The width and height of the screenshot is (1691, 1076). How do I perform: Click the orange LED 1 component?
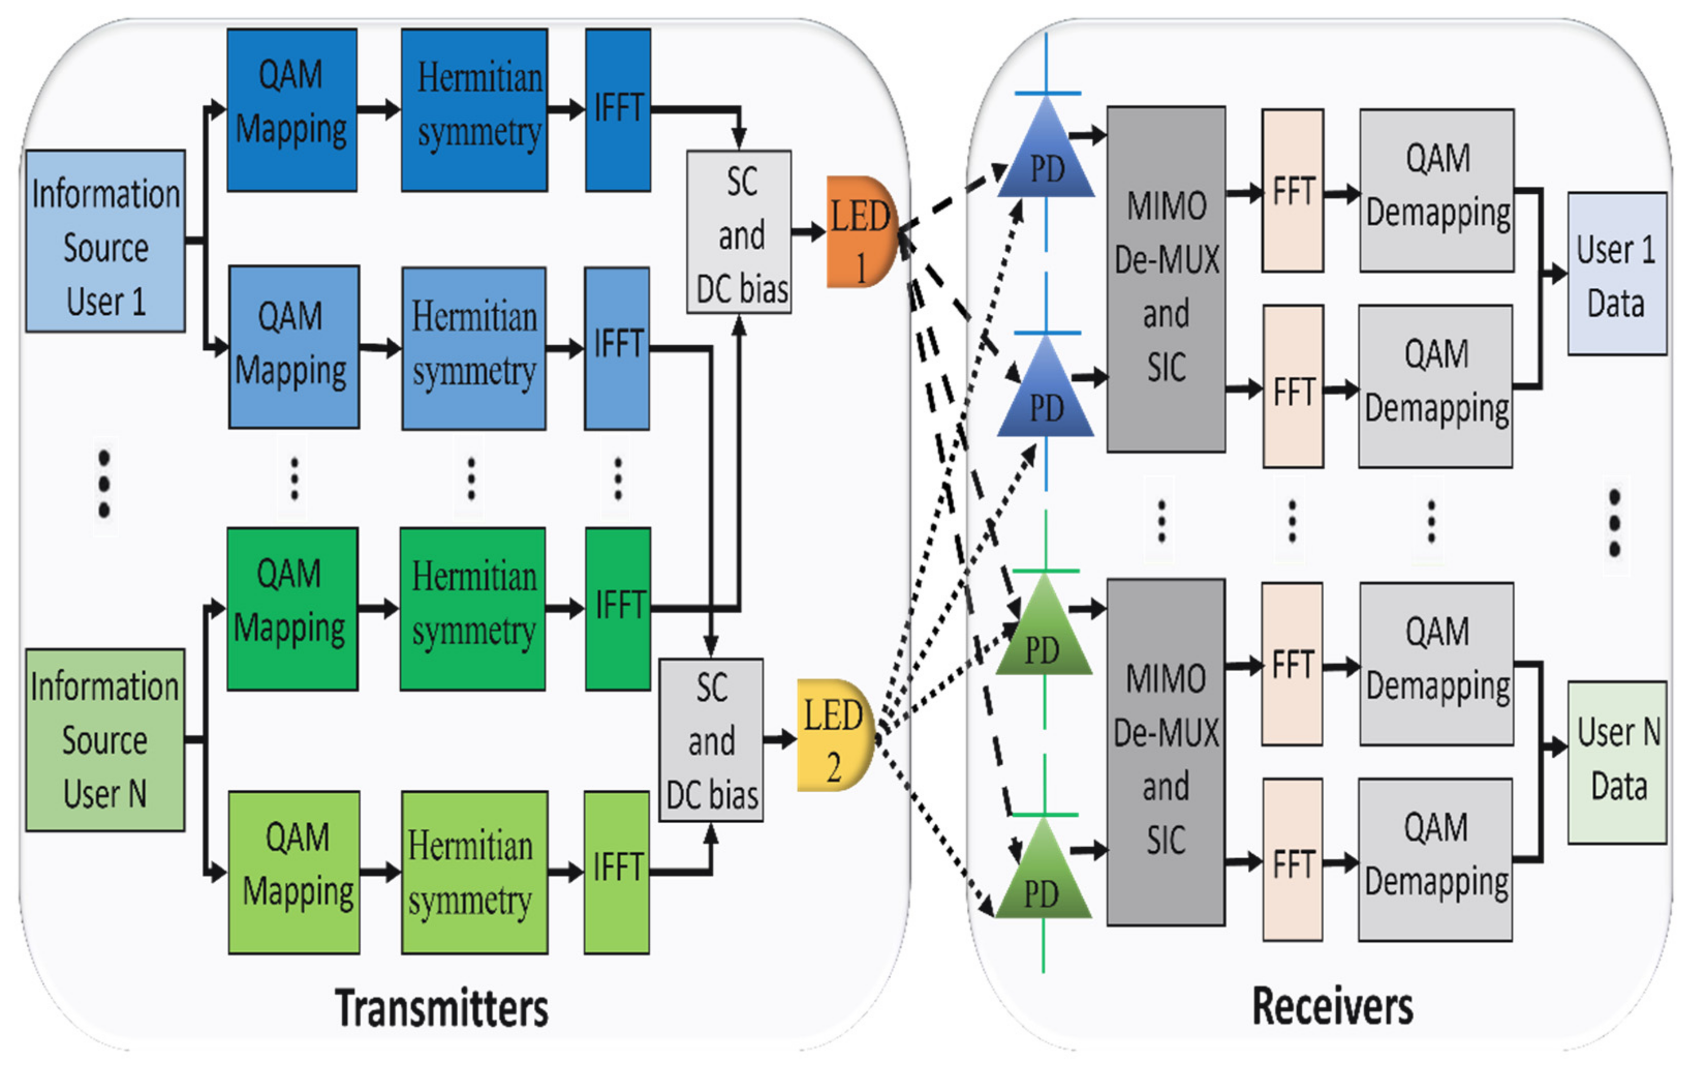tap(860, 232)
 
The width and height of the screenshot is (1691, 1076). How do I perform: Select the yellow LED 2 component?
tap(833, 735)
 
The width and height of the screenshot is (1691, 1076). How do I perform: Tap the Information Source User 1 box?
tap(105, 241)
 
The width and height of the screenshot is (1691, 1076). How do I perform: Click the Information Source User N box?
tap(105, 740)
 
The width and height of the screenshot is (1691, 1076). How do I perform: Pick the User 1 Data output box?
tap(1616, 274)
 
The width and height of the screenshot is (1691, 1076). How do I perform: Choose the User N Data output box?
tap(1616, 762)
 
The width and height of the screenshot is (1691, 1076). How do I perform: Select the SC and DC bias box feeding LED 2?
tap(711, 740)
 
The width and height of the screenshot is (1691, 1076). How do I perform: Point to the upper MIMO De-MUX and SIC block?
tap(1166, 279)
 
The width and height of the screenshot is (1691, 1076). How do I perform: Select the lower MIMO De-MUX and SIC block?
tap(1166, 751)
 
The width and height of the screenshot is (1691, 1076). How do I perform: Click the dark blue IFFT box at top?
tap(618, 110)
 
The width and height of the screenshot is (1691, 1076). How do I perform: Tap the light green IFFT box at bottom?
tap(616, 872)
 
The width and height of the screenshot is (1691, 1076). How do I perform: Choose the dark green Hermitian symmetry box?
tap(473, 609)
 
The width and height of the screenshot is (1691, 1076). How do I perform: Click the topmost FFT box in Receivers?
tap(1292, 190)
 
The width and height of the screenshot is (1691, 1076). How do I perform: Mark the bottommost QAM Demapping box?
tap(1435, 859)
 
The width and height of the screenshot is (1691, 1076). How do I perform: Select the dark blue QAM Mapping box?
tap(291, 110)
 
